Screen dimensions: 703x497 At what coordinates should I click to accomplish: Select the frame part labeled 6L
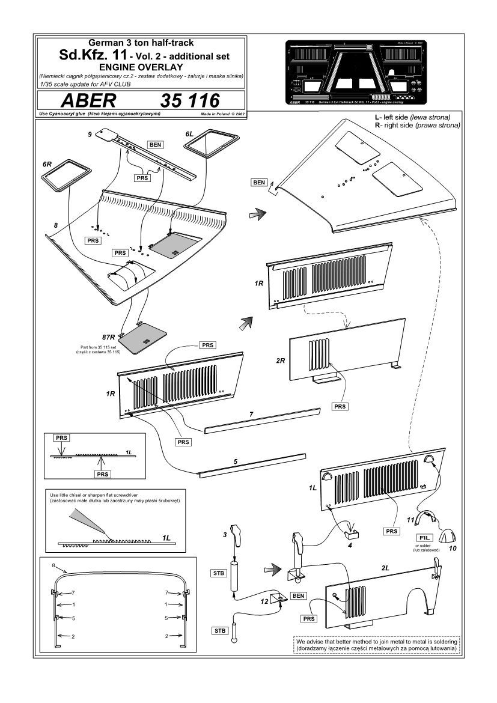click(208, 143)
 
